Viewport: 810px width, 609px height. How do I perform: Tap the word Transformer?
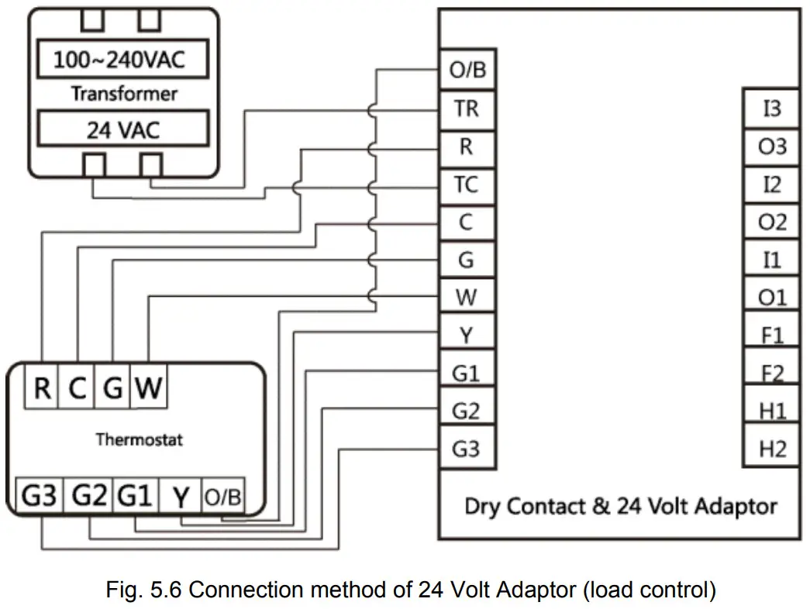(x=124, y=94)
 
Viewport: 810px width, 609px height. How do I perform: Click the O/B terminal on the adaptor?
(x=467, y=71)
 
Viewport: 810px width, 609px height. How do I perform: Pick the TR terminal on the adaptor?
(x=467, y=108)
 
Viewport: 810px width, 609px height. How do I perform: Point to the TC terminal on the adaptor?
(x=467, y=184)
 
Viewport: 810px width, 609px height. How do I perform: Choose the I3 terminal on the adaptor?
(x=772, y=108)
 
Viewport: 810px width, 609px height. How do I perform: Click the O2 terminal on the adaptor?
(x=772, y=222)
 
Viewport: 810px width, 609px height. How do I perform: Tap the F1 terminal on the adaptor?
(x=772, y=335)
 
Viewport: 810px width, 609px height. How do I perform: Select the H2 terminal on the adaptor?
(x=772, y=449)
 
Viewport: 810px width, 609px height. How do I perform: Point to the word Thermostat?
(x=139, y=439)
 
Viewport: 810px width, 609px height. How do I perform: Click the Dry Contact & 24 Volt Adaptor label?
(x=620, y=507)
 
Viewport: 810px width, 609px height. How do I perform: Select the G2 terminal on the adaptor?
(x=467, y=411)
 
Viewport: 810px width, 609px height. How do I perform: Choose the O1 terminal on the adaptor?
(x=772, y=298)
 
